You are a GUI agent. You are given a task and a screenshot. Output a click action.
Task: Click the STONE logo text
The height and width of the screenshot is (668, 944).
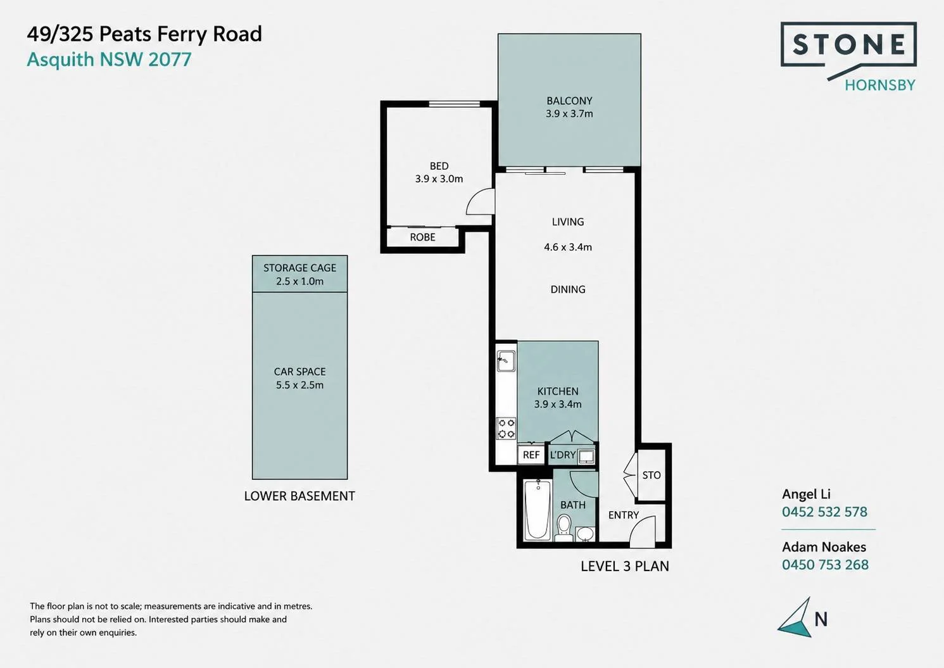[x=849, y=44]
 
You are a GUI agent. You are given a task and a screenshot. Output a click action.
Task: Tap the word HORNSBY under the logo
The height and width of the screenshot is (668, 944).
[x=880, y=85]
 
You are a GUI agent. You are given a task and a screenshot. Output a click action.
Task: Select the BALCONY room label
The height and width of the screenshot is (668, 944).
[x=569, y=101]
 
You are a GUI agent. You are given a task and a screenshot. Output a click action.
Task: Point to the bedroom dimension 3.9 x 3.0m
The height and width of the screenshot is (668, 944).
[x=439, y=179]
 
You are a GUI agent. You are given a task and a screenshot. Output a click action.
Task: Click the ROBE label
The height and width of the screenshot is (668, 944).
[x=423, y=237]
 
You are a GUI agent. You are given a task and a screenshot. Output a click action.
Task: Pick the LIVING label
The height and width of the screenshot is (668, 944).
[x=568, y=222]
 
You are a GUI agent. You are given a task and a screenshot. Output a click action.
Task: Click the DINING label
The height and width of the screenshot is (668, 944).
[x=568, y=289]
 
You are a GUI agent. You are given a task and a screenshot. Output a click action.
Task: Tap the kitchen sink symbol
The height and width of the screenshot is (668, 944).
[x=506, y=361]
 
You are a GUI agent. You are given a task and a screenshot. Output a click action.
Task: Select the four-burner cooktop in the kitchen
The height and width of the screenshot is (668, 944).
[x=506, y=428]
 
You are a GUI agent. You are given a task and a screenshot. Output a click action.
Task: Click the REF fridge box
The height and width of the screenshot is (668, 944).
[x=531, y=455]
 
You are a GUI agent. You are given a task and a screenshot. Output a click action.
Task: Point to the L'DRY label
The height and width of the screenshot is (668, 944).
[x=563, y=455]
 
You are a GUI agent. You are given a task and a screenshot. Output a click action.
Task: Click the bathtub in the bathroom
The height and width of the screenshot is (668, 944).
[x=538, y=510]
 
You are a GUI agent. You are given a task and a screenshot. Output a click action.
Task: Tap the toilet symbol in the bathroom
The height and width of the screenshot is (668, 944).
[x=563, y=527]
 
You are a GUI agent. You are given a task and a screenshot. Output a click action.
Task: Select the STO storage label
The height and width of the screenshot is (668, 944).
[x=651, y=476]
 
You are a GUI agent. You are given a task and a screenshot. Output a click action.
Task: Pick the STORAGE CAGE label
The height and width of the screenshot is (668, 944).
[x=299, y=268]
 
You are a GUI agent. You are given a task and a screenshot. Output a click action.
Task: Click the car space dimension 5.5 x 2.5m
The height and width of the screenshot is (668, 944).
[x=299, y=385]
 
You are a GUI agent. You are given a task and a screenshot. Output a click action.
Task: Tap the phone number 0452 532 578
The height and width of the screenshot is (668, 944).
[x=825, y=512]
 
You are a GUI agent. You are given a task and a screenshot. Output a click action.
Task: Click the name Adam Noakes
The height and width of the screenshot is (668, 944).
[x=824, y=546]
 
